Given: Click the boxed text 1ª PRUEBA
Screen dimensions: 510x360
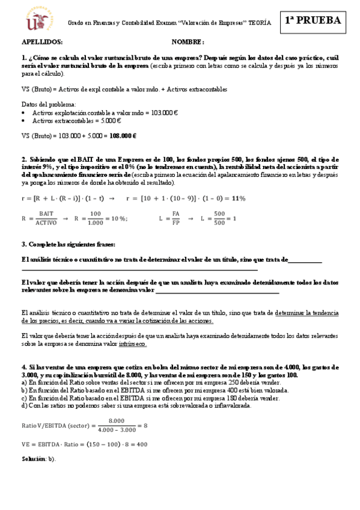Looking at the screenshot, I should [313, 20].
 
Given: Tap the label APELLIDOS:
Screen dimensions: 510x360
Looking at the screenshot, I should [42, 42].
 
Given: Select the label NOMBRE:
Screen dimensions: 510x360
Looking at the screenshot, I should [188, 42].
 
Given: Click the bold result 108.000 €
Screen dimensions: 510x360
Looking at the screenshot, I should [123, 136].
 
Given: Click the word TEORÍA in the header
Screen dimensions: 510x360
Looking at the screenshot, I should [259, 22].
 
